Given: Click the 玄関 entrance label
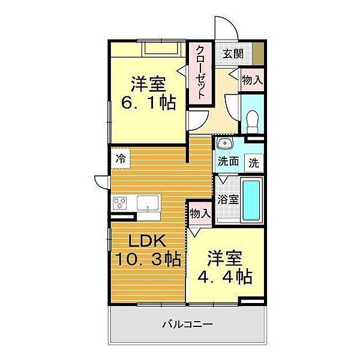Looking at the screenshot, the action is click(x=233, y=54).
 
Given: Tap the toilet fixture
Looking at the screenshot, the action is click(x=253, y=121).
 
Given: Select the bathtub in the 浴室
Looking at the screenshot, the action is click(x=251, y=200).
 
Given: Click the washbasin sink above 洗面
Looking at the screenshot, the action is click(x=225, y=143).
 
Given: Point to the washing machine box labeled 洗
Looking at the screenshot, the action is click(x=254, y=163).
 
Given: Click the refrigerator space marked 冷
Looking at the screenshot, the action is click(x=121, y=158).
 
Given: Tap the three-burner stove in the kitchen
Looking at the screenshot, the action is click(x=120, y=203).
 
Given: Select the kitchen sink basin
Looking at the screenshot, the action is click(x=148, y=203).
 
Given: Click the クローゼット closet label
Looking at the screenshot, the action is click(x=200, y=72).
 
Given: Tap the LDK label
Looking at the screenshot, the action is click(x=147, y=241).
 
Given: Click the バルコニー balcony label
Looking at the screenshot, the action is click(x=188, y=324).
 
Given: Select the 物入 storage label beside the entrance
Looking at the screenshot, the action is click(x=252, y=80).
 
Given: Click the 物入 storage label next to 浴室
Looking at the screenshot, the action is click(x=200, y=214).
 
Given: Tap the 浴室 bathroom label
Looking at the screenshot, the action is click(x=228, y=199).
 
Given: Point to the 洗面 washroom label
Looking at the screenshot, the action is click(x=228, y=161).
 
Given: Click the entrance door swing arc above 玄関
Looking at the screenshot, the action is click(x=232, y=24).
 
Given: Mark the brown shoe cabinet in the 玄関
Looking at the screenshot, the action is click(x=258, y=53).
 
